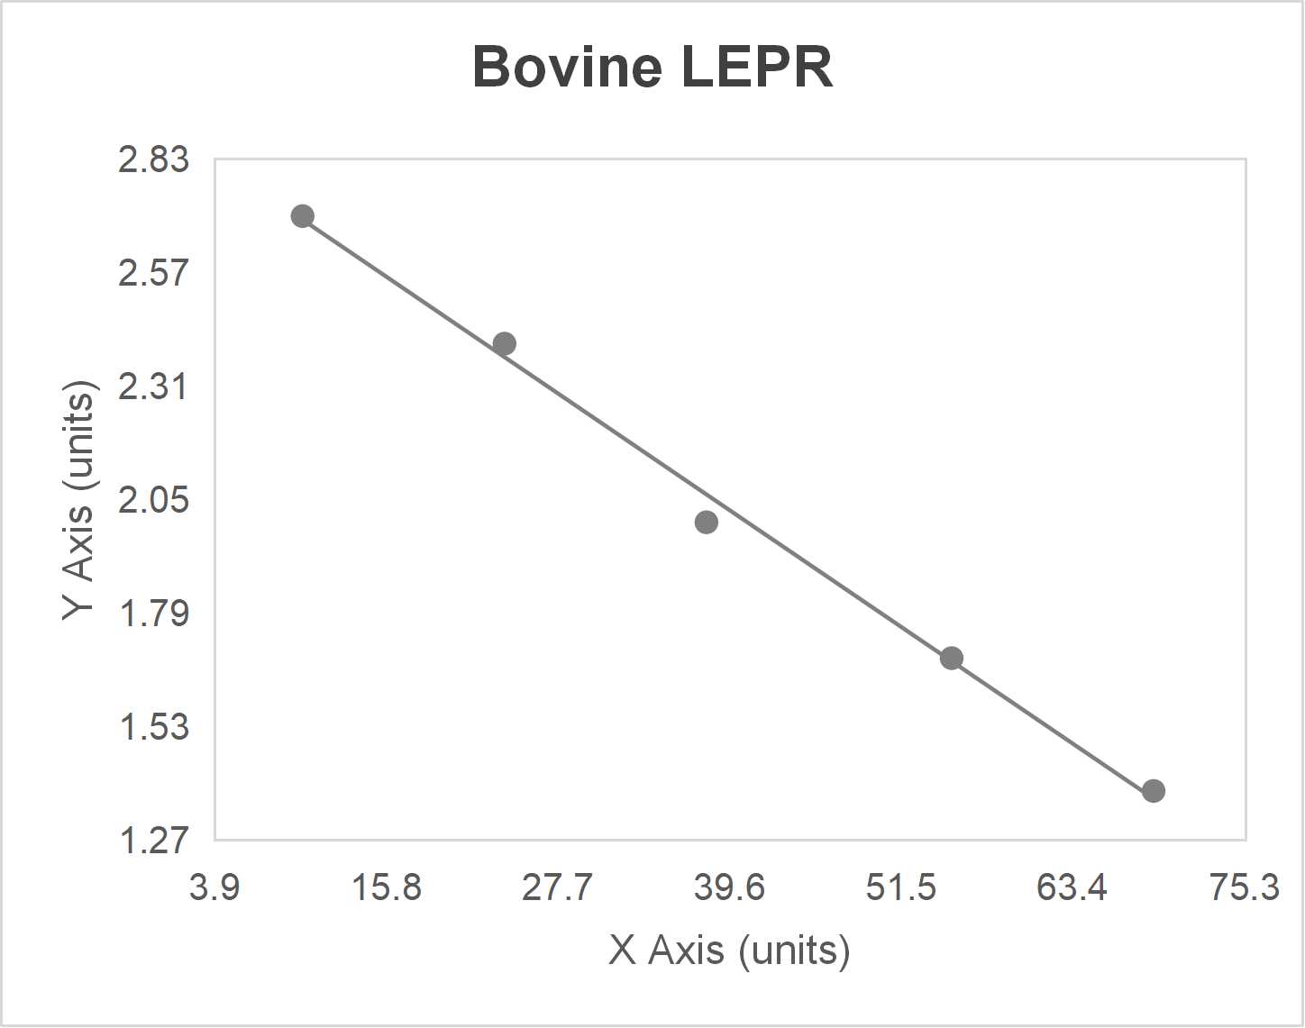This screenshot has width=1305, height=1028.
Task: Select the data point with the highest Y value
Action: tap(303, 216)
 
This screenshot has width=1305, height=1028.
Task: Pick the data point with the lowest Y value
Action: tap(1154, 791)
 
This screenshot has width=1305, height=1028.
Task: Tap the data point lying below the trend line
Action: tap(707, 522)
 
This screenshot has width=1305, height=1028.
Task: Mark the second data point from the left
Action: tap(505, 343)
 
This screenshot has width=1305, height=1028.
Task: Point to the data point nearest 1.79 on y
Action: tap(952, 658)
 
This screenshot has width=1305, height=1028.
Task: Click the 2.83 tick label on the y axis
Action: tap(154, 159)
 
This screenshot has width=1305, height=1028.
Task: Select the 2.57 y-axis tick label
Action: tap(154, 272)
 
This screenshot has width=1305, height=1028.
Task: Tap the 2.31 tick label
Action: tap(154, 386)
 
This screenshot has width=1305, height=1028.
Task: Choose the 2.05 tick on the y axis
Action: tap(154, 499)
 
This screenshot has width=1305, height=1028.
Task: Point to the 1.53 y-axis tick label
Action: tap(154, 726)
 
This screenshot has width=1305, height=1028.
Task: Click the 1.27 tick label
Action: tap(154, 840)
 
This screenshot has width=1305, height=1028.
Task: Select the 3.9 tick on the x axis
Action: tap(214, 887)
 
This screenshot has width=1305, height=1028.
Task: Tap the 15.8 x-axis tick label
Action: tap(387, 887)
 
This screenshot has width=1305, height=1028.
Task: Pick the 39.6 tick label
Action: tap(730, 887)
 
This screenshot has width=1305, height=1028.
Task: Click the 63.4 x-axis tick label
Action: tap(1072, 887)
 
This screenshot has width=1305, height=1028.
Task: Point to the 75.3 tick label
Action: tap(1245, 887)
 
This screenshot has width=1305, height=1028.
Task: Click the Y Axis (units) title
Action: tap(79, 500)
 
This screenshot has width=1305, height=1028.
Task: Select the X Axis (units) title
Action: tap(729, 950)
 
